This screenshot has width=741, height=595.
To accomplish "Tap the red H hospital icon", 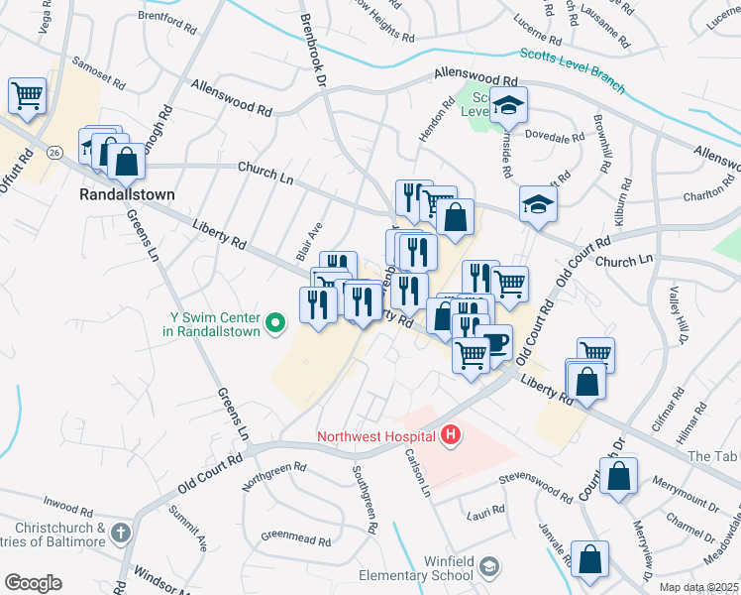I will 452,434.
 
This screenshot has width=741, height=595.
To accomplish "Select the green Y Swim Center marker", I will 278,319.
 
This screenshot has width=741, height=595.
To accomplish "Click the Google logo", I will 32,583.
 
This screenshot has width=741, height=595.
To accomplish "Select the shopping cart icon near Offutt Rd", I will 28,96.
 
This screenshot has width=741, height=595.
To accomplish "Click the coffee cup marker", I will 494,343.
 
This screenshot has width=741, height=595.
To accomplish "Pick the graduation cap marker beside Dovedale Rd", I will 509,105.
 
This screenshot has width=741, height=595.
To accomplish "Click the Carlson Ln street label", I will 415,472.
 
